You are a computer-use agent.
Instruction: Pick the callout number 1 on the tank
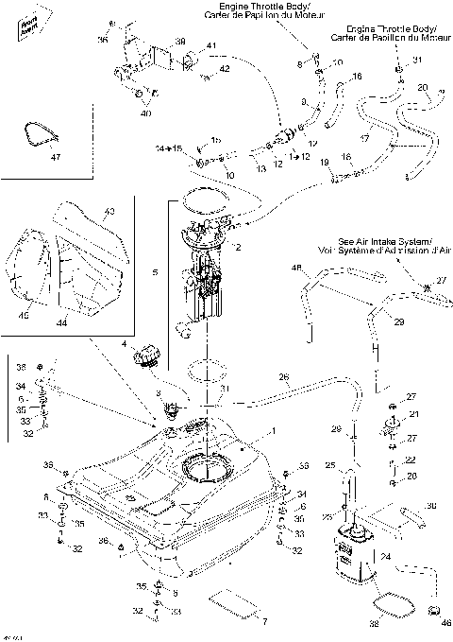pyautogui.click(x=273, y=430)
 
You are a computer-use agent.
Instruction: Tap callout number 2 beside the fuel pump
pyautogui.click(x=239, y=248)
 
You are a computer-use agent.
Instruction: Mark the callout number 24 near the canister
pyautogui.click(x=384, y=557)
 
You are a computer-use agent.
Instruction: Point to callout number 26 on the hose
pyautogui.click(x=282, y=379)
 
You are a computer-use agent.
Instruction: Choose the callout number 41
pyautogui.click(x=210, y=46)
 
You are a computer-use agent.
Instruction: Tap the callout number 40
pyautogui.click(x=145, y=113)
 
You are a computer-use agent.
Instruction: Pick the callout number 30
pyautogui.click(x=431, y=506)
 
